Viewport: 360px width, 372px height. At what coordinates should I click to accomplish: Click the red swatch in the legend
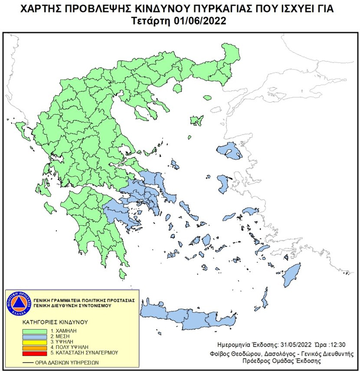click(35, 353)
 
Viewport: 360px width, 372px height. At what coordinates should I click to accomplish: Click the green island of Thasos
click(179, 89)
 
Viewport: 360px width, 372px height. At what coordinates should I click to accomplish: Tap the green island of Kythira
click(122, 274)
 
